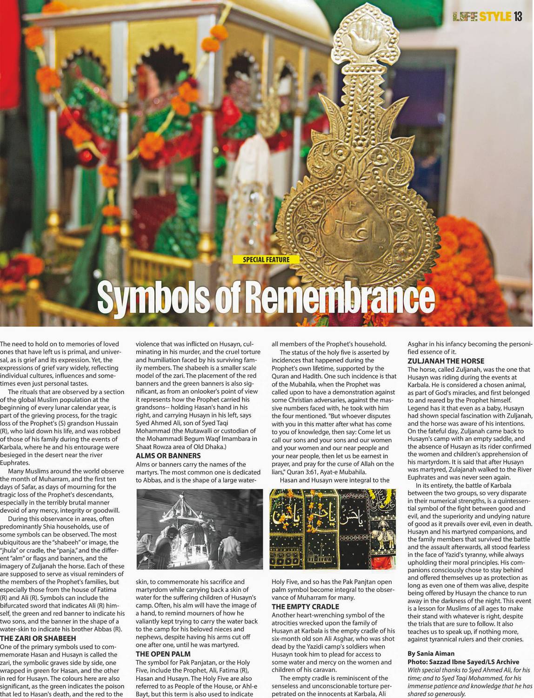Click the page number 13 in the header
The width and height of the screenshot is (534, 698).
point(518,17)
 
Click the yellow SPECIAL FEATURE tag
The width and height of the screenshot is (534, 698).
point(266,260)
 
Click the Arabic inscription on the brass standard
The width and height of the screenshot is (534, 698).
point(349,223)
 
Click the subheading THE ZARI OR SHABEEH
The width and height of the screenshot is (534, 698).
point(38,638)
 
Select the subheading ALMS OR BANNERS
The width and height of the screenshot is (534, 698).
point(168,456)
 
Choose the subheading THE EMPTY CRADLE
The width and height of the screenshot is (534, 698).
point(305,607)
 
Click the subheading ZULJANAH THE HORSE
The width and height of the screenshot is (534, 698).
point(446,361)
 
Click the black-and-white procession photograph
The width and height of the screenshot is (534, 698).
point(200,529)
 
